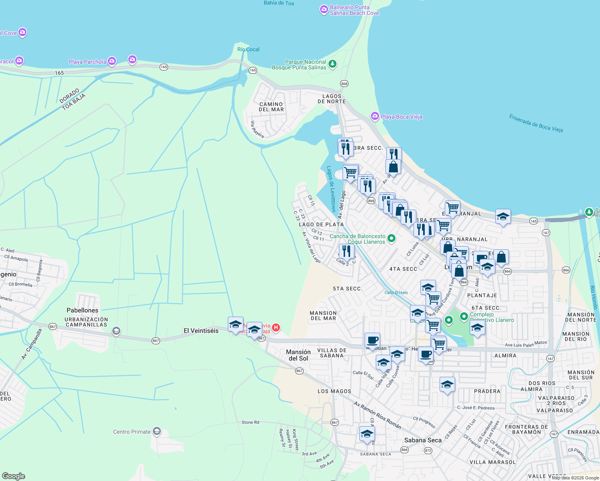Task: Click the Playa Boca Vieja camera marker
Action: (x=375, y=116)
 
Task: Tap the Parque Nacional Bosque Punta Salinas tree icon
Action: (x=332, y=64)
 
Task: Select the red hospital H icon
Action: (x=276, y=327)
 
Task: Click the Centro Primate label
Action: (x=132, y=432)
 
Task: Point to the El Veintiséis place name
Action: (x=201, y=331)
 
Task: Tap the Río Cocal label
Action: (x=248, y=49)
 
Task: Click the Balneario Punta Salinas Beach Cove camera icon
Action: (x=324, y=10)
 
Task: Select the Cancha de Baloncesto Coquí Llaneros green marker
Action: (x=391, y=239)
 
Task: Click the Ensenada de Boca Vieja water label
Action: (x=536, y=123)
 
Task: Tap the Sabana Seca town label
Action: (x=423, y=440)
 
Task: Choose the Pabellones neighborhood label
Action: (x=82, y=310)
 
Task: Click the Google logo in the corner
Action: (x=14, y=476)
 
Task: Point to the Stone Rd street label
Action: (x=250, y=422)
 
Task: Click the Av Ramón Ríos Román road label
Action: (x=377, y=415)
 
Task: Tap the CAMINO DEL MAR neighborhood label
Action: (x=271, y=107)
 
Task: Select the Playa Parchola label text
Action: (x=87, y=62)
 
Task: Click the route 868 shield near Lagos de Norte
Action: (x=344, y=83)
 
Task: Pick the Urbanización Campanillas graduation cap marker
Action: (x=116, y=331)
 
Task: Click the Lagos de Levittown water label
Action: (x=331, y=189)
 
